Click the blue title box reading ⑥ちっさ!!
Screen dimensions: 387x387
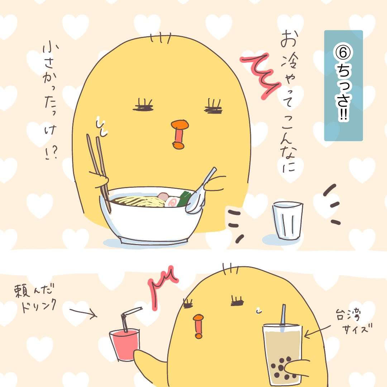coord(343,86)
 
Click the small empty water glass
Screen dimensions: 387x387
coord(288,220)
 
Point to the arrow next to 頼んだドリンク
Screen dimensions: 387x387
coord(83,312)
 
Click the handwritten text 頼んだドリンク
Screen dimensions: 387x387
coord(36,298)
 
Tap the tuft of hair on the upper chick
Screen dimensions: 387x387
coord(161,38)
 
